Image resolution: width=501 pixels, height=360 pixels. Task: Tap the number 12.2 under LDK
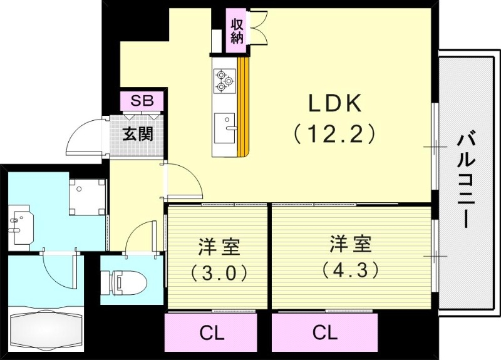[x=333, y=133]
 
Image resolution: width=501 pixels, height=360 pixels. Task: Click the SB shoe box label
[x=142, y=101]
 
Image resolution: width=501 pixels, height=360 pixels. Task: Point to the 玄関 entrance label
[x=138, y=134]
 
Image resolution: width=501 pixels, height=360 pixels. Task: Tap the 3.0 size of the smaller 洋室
[x=219, y=272]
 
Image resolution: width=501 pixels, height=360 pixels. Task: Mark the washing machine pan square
[x=86, y=196]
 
